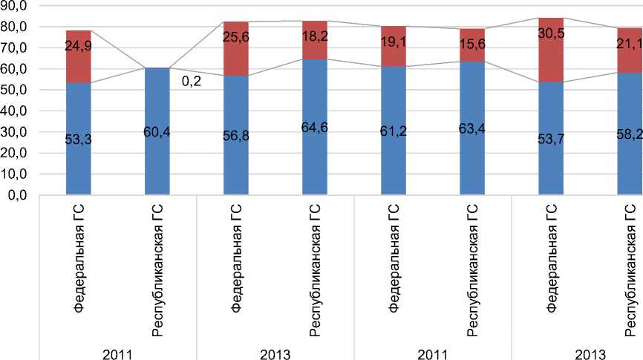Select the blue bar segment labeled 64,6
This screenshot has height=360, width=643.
pos(316,148)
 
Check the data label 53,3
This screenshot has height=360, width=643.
pos(78,138)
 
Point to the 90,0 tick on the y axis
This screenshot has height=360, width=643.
pos(14,5)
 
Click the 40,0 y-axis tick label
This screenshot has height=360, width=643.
pos(14,111)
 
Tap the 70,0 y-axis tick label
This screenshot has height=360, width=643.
pos(14,48)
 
